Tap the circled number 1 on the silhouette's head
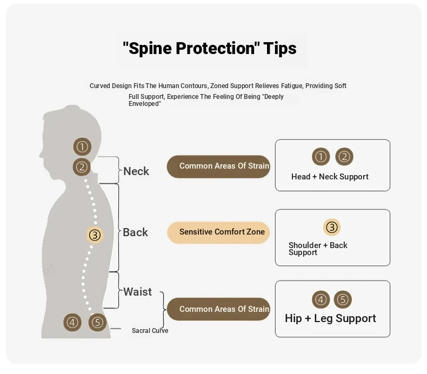coord(82,146)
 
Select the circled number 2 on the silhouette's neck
coord(82,166)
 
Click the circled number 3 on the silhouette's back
coord(95,235)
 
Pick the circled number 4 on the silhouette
coord(72,323)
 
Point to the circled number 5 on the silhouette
coord(97,323)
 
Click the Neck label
coord(136,171)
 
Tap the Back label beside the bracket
coord(135,232)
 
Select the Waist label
coord(137,292)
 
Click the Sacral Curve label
coord(150,330)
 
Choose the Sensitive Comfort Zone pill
coord(218,232)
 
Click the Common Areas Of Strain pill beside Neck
coord(218,166)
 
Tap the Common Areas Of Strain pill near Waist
coord(218,309)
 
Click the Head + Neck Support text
coord(330,177)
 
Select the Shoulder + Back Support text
coord(318,249)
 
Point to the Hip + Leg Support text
coord(330,318)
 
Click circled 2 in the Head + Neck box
coord(344,157)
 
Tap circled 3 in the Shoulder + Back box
coord(332,227)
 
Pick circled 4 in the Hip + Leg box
coord(321,299)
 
